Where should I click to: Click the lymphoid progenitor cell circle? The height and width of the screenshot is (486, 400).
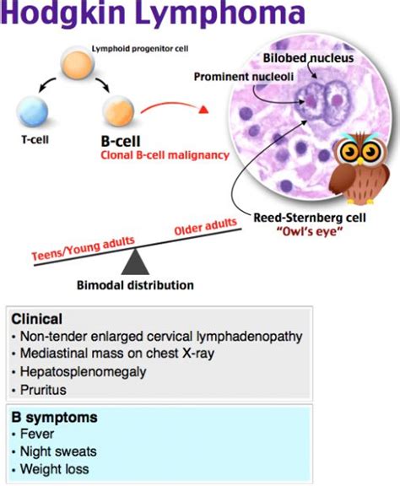(x=77, y=64)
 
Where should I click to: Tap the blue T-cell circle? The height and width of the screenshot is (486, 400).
(x=33, y=111)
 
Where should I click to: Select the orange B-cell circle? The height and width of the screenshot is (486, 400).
(x=118, y=111)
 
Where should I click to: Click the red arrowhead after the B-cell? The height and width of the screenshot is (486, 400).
(x=203, y=110)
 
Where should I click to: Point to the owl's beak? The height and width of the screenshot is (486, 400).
(x=359, y=161)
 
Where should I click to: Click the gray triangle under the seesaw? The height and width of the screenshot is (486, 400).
(x=135, y=262)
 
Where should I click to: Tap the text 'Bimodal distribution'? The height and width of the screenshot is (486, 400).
(x=135, y=285)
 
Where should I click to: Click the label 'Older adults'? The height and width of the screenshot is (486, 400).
(x=206, y=226)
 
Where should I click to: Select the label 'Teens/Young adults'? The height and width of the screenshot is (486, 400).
(x=84, y=248)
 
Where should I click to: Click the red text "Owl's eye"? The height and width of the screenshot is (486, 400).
(x=310, y=231)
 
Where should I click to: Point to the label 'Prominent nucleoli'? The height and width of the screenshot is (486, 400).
(x=244, y=77)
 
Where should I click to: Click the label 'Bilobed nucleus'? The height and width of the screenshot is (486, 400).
(x=308, y=58)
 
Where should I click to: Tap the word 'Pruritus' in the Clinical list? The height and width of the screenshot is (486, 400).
(x=43, y=390)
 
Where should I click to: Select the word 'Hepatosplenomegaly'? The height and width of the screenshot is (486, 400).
(x=83, y=372)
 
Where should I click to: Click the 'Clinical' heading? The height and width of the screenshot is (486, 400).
(x=36, y=319)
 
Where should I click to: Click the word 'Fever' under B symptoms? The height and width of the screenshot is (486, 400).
(x=37, y=434)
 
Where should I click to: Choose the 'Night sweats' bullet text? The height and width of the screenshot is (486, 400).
(x=58, y=451)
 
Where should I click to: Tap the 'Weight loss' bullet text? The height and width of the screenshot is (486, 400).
(x=55, y=469)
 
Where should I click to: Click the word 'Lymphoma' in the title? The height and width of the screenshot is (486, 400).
(x=220, y=13)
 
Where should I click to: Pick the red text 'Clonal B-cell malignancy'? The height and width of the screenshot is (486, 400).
(x=165, y=155)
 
